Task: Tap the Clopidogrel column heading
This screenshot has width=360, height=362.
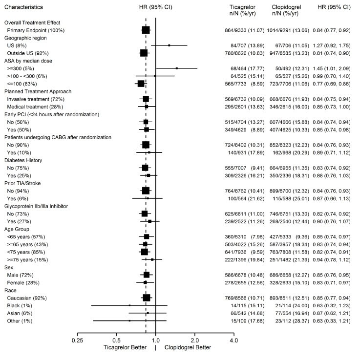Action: (x=286, y=8)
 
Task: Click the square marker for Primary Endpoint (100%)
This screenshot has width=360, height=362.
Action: (x=146, y=30)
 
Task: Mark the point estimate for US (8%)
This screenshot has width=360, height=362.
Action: (x=169, y=45)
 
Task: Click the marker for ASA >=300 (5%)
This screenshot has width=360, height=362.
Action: (x=177, y=68)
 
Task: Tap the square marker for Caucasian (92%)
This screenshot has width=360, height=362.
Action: (x=146, y=298)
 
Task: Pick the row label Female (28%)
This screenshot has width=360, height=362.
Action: (x=22, y=282)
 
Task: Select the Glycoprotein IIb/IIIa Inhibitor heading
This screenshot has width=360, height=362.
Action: (x=40, y=206)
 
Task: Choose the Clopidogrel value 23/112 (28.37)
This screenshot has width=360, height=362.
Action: (x=289, y=320)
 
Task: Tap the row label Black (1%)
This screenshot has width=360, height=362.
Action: (x=19, y=305)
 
